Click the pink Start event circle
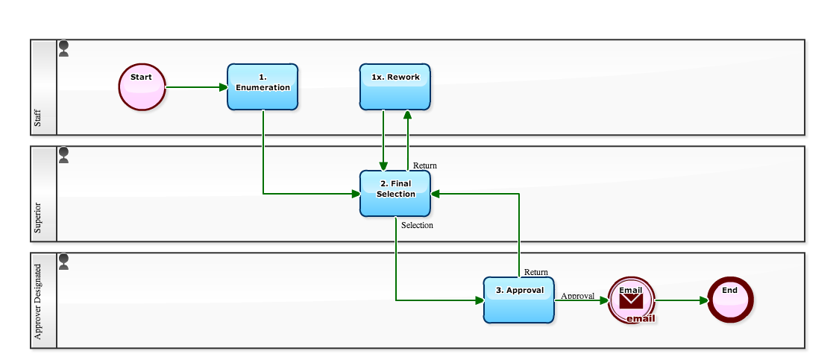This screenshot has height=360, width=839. tap(141, 87)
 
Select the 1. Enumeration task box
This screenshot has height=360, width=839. tap(263, 87)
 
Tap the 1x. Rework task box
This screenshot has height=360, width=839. tap(395, 87)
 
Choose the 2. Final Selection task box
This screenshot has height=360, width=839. tap(395, 194)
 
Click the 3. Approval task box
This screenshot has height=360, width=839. tap(519, 300)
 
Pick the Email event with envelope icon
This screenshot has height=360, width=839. tap(631, 300)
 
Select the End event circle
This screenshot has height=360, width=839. tap(730, 300)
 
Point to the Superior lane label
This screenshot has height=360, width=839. tap(38, 217)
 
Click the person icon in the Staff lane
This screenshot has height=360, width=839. tap(64, 49)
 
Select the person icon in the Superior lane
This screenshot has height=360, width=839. tap(64, 155)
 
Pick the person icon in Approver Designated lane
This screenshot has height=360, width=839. tap(64, 262)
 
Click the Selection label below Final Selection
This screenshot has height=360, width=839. tap(417, 225)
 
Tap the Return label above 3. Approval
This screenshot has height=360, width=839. tap(535, 272)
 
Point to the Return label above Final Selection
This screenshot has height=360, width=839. tap(425, 165)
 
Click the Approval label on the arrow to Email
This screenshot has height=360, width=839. tap(577, 296)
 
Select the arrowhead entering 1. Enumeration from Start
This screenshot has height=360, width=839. tap(223, 87)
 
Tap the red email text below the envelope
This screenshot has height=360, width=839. tap(640, 318)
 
